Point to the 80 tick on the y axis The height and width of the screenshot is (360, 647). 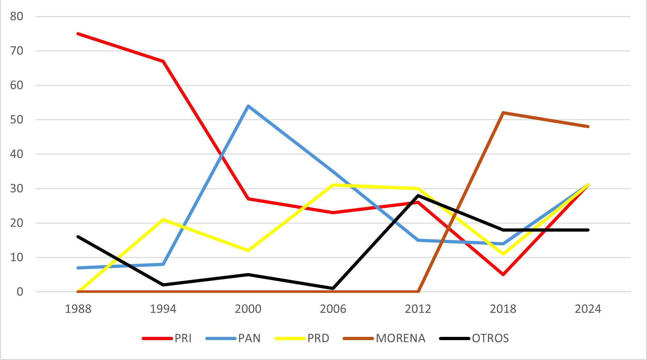(17, 16)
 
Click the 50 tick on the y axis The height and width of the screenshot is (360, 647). (17, 120)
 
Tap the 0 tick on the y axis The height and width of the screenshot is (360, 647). (20, 292)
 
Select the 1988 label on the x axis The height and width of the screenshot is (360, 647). (78, 309)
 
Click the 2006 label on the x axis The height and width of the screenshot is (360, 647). (333, 309)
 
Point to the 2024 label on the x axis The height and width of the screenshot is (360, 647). (588, 309)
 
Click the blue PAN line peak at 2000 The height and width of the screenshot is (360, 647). (248, 106)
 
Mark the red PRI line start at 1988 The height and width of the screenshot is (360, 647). (78, 34)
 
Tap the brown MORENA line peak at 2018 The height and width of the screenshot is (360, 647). (503, 113)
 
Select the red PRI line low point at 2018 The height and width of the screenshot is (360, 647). (503, 275)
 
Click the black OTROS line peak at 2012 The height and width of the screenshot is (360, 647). (418, 195)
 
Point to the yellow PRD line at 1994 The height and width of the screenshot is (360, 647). (163, 220)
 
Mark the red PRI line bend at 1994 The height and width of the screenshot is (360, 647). (163, 61)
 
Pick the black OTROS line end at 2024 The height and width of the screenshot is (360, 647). (588, 230)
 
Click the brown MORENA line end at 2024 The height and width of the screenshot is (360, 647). (588, 127)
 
